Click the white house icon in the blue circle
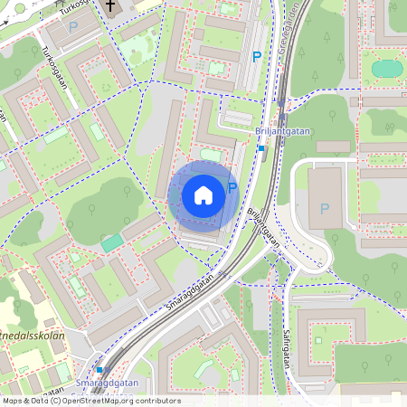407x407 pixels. (x=203, y=194)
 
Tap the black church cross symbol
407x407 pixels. (x=111, y=7)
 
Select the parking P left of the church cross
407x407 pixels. (x=72, y=26)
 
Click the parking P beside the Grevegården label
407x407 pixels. (x=257, y=57)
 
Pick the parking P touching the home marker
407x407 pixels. (x=232, y=188)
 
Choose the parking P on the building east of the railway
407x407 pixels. (x=325, y=209)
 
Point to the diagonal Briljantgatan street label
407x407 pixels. (x=263, y=229)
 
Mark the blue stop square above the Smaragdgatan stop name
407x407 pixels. (x=99, y=369)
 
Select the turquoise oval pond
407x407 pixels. (x=388, y=68)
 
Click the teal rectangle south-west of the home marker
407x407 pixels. (x=111, y=242)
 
